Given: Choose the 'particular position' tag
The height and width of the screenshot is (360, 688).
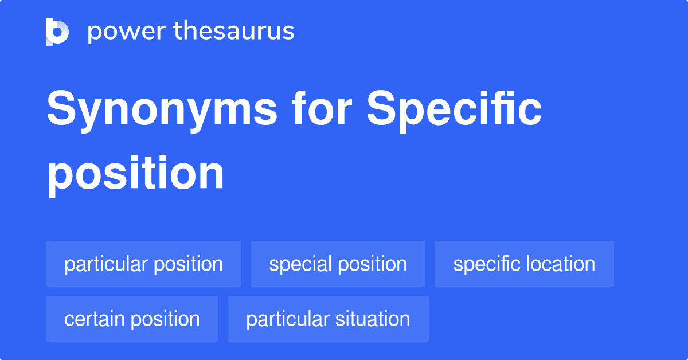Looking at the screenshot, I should (x=143, y=264).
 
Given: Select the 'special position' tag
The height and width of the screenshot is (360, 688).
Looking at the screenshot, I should (x=338, y=264).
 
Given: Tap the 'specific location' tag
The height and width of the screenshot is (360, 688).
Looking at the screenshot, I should (x=524, y=264).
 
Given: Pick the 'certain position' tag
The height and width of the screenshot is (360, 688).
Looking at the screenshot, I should (x=132, y=319).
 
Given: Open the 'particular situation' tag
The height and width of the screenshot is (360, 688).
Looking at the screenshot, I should (x=328, y=319).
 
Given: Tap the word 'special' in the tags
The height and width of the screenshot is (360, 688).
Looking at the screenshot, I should (x=300, y=264).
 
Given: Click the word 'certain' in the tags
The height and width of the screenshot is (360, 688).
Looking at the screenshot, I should (x=96, y=319).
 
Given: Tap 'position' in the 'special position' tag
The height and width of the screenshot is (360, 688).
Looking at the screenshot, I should (x=372, y=264).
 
